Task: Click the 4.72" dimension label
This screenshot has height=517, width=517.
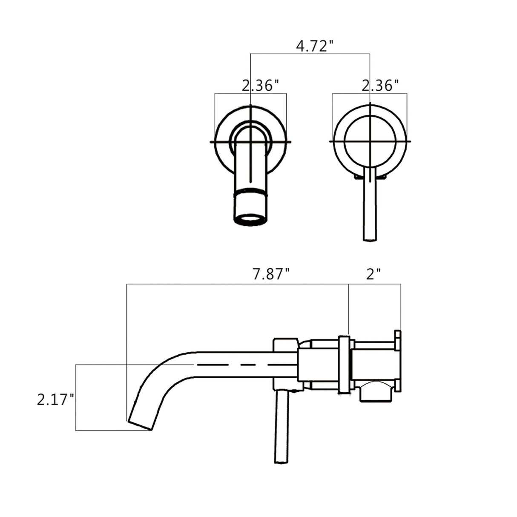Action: click(314, 46)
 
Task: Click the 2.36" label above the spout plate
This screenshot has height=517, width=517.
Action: click(260, 86)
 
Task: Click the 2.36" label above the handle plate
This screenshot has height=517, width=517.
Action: click(380, 86)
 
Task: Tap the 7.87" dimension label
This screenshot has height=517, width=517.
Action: click(271, 274)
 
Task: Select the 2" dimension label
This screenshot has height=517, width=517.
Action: click(373, 274)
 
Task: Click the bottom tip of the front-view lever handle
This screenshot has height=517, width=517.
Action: click(369, 238)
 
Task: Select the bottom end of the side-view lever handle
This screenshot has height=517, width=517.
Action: click(281, 460)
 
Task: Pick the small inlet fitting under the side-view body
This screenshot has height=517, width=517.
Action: click(376, 391)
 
